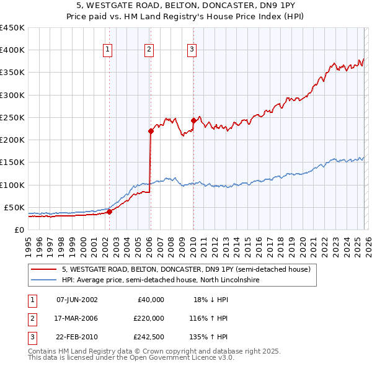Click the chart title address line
[x=185, y=6]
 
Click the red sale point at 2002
[x=109, y=212]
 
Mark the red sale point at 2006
[x=151, y=131]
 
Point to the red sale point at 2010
[x=193, y=120]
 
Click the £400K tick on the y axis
[x=12, y=50]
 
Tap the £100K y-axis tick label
[x=12, y=185]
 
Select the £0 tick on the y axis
[x=19, y=230]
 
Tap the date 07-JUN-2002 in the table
[x=77, y=300]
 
